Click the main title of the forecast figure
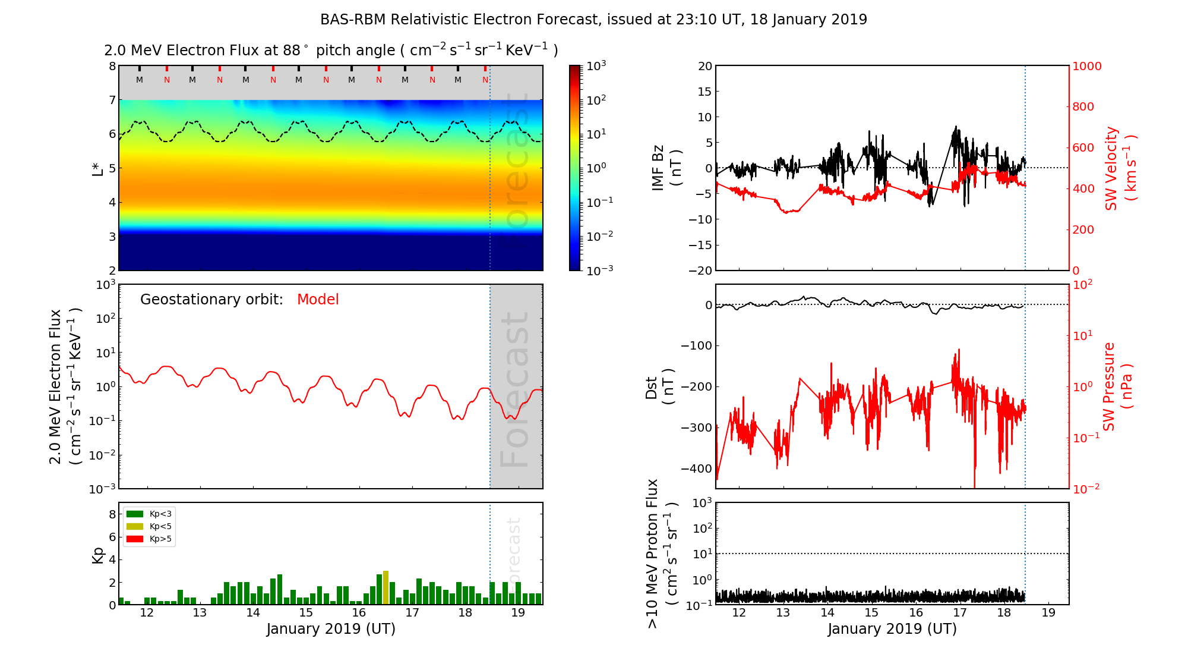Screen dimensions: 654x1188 593,20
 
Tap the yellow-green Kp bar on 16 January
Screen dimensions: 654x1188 386,587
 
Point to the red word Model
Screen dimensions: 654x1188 318,300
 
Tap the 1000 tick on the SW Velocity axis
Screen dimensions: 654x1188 1086,66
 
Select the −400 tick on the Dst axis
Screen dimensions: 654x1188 696,469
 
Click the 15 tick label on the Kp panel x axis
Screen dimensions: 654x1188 306,613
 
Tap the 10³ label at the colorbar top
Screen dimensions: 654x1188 596,65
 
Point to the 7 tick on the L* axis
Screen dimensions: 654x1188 112,100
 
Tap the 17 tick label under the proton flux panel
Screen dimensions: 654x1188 960,613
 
